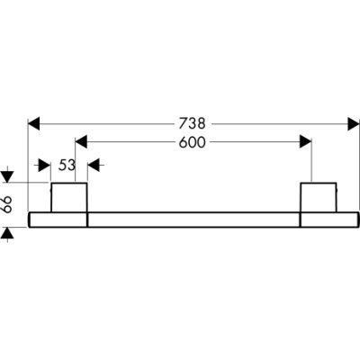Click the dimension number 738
click(x=192, y=123)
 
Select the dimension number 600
click(x=193, y=142)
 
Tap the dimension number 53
click(x=67, y=166)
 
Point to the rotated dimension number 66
click(x=7, y=204)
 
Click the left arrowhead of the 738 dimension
click(x=33, y=124)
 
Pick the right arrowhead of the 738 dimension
click(x=354, y=124)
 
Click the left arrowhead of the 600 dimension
click(x=81, y=141)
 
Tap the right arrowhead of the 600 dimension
click(x=306, y=141)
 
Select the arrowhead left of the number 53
click(x=44, y=166)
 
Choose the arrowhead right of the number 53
click(x=94, y=166)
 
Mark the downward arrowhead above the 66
click(x=8, y=176)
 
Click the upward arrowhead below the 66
click(x=8, y=233)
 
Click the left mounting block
click(x=69, y=197)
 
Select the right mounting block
click(x=319, y=197)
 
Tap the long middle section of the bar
click(x=193, y=220)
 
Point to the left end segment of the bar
click(x=58, y=220)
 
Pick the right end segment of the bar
click(x=329, y=220)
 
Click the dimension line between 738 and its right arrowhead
click(x=280, y=124)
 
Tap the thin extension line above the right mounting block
click(x=311, y=160)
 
